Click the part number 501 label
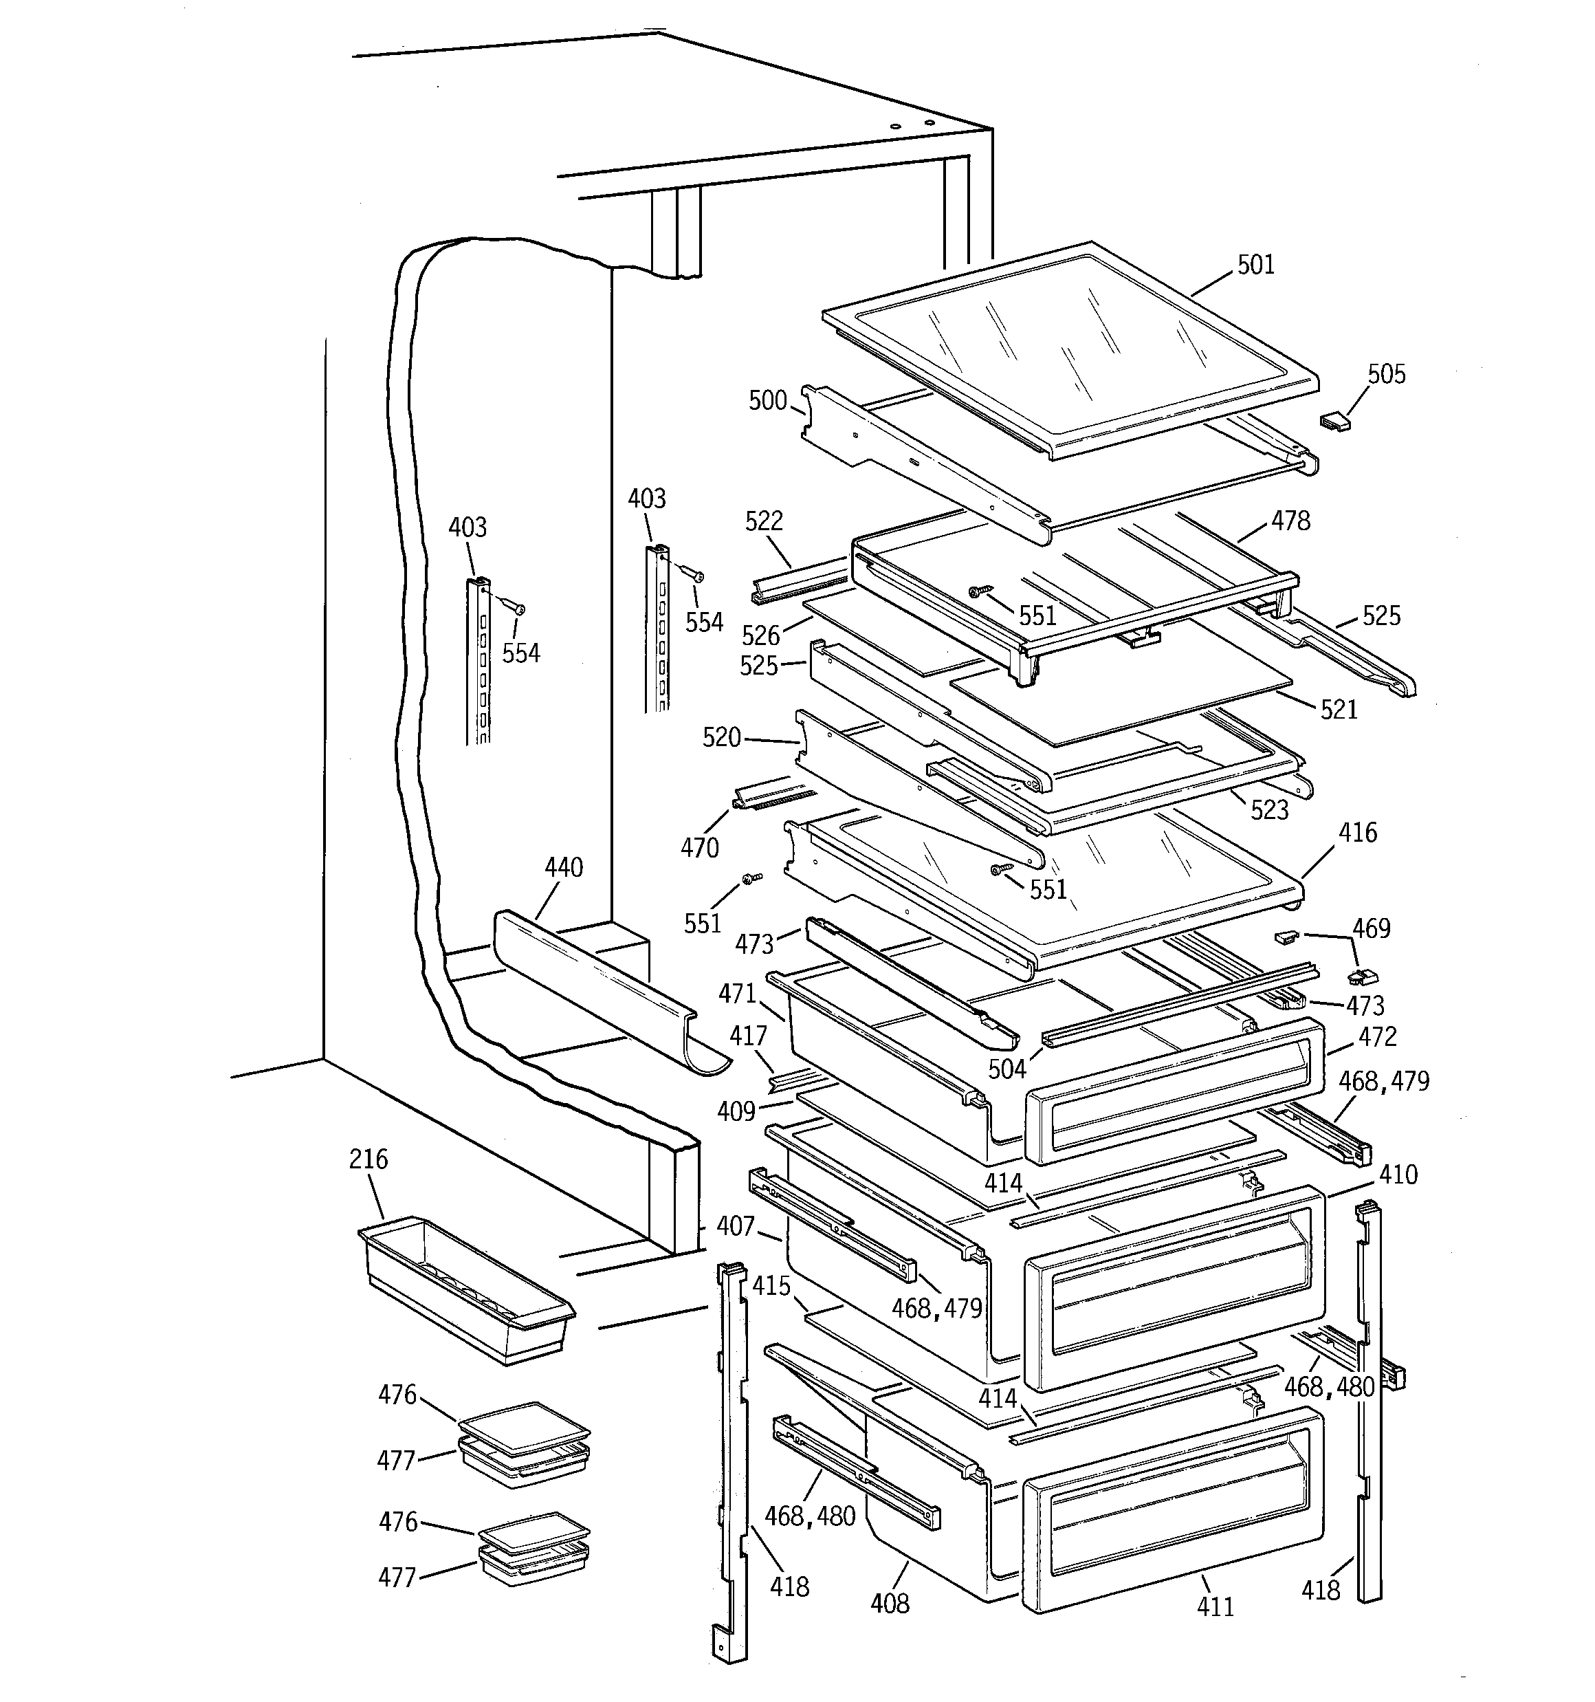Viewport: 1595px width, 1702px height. [x=1256, y=265]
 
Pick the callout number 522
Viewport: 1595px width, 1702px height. [x=764, y=521]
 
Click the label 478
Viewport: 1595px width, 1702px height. [x=1290, y=520]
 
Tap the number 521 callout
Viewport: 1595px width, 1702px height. [x=1338, y=709]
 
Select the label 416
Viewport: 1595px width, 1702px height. [x=1358, y=832]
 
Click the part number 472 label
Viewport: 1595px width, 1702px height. [x=1378, y=1037]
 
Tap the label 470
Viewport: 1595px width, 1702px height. [x=699, y=848]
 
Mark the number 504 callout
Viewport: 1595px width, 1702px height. [x=1006, y=1069]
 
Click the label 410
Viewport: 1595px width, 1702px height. [x=1398, y=1174]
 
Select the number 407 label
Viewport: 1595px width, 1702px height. [x=736, y=1226]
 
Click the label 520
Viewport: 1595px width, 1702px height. [x=721, y=737]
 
